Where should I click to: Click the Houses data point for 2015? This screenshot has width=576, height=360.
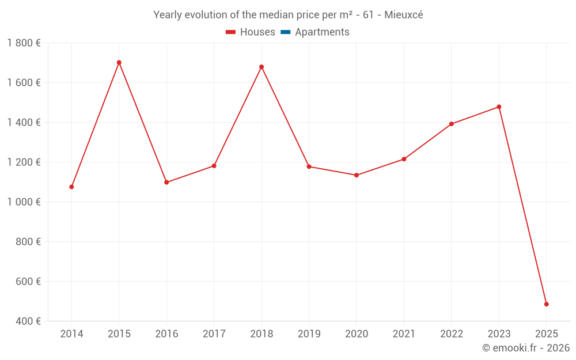tap(119, 63)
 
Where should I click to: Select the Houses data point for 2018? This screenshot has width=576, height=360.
tap(262, 67)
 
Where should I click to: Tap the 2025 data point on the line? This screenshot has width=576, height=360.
tap(546, 304)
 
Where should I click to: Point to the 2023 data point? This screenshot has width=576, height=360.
tap(499, 107)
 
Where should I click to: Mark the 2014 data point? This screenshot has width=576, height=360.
tap(71, 187)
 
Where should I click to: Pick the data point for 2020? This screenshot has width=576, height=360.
tap(357, 175)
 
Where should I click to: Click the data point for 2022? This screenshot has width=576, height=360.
tap(452, 124)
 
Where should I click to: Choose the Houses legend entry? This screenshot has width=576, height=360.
tap(251, 32)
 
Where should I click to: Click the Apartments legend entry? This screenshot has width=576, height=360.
tap(315, 32)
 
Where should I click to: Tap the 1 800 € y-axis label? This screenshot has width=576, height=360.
tap(24, 43)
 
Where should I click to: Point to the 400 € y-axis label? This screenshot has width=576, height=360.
tap(27, 321)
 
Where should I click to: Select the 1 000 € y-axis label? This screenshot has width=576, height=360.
tap(24, 202)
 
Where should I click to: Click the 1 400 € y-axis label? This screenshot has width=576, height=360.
tap(24, 123)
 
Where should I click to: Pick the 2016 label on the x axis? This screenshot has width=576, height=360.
tap(166, 334)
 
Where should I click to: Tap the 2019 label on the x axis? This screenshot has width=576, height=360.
tap(309, 334)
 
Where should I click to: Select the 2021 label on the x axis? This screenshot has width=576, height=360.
tap(404, 334)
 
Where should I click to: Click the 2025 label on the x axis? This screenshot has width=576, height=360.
tap(546, 334)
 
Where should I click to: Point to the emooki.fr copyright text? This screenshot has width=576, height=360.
tap(526, 348)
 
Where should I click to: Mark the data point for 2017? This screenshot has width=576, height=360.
tap(214, 166)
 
